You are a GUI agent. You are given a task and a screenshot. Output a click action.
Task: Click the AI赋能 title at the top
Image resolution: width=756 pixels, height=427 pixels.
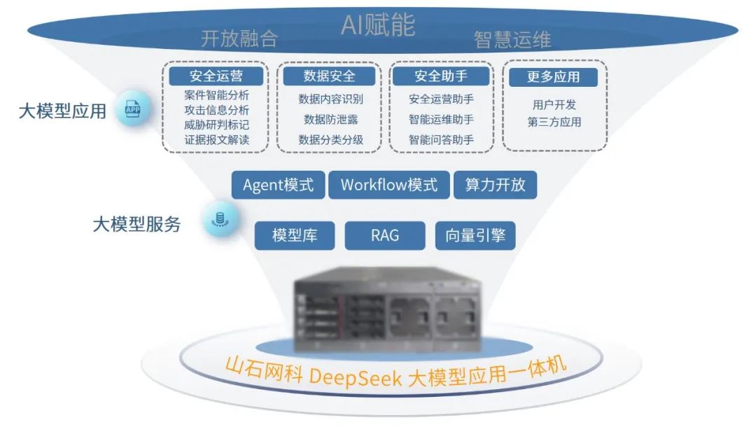click(377, 24)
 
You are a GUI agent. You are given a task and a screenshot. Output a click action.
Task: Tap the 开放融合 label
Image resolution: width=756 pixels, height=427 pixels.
click(239, 38)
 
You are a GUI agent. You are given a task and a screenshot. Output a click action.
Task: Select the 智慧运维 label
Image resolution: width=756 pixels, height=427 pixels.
click(512, 39)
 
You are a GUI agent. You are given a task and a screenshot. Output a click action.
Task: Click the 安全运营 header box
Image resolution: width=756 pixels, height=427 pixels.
click(216, 76)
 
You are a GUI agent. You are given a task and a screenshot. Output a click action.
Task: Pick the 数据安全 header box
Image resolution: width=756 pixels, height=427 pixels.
click(330, 76)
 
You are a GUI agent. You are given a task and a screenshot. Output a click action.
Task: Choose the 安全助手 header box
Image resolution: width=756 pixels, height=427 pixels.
click(441, 76)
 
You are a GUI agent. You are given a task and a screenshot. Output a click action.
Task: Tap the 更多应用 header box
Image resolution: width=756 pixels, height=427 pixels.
click(553, 76)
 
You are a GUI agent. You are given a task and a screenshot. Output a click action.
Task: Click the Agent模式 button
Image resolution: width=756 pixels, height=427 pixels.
click(278, 185)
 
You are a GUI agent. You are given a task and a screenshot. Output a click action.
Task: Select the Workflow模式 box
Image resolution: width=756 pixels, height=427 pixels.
click(388, 185)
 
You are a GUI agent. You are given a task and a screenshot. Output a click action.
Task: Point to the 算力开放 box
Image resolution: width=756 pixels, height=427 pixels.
click(495, 185)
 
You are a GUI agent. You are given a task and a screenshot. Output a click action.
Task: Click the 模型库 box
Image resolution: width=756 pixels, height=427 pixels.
click(295, 235)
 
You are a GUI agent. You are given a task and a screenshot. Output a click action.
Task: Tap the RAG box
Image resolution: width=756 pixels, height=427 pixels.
click(385, 235)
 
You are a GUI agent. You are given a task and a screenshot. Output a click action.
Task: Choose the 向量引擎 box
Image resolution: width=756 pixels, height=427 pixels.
click(475, 235)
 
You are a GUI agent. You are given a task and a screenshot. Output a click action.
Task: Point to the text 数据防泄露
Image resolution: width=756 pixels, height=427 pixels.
click(330, 119)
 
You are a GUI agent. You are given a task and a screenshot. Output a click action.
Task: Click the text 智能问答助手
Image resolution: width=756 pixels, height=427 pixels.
click(441, 139)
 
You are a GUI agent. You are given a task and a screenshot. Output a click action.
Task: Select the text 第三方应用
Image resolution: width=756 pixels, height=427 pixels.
click(554, 122)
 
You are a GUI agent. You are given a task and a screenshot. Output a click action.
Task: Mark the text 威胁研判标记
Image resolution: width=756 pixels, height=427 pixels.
click(216, 125)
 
